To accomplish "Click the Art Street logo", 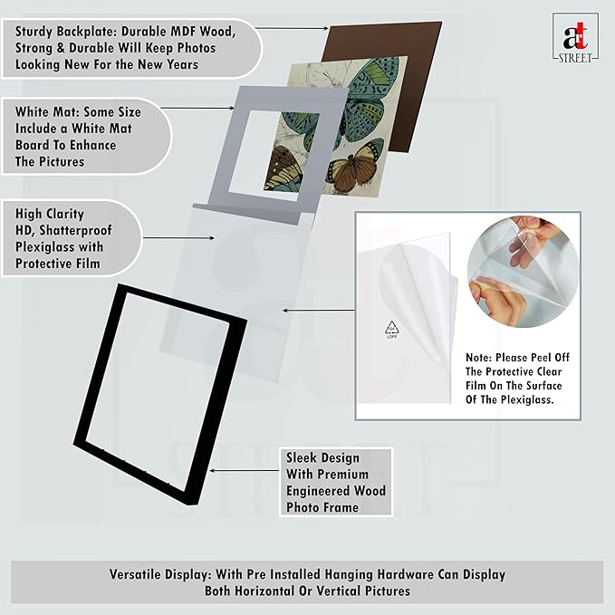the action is [x=575, y=37].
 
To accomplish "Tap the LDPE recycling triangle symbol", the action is [x=391, y=329].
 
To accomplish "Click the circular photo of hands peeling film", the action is [x=523, y=272].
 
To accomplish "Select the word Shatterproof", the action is [x=75, y=231].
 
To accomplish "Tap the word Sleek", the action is [x=301, y=457].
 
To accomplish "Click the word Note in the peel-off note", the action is [x=478, y=358].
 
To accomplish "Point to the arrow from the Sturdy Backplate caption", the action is [x=292, y=28].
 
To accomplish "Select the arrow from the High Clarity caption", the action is [x=178, y=237].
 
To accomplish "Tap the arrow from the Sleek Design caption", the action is [x=245, y=470].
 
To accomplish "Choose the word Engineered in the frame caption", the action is [x=319, y=491].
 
